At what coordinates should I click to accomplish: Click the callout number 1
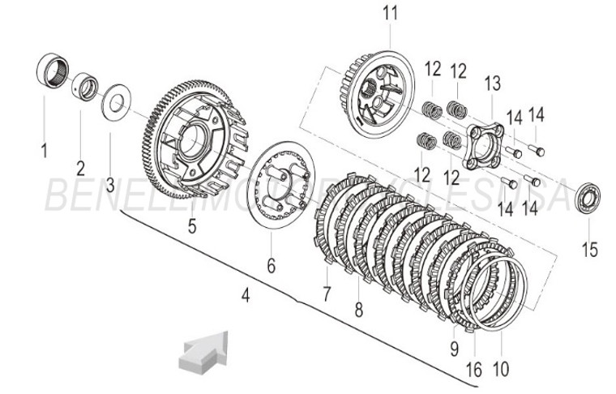(x=45, y=150)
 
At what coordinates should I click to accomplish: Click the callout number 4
(x=246, y=297)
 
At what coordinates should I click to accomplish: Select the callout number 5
(x=192, y=226)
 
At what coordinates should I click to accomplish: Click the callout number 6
(x=272, y=265)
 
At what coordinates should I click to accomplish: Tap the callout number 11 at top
(x=391, y=13)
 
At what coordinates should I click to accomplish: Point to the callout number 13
(x=492, y=83)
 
